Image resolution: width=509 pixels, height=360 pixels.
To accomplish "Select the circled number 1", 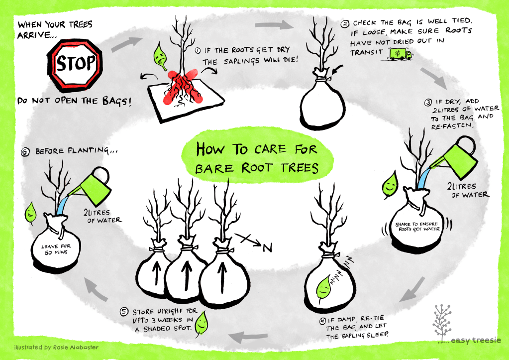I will pyautogui.click(x=198, y=50).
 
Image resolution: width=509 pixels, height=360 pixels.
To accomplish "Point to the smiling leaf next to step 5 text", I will pyautogui.click(x=202, y=323).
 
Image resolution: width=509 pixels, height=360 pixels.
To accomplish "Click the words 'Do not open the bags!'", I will pyautogui.click(x=75, y=101).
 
